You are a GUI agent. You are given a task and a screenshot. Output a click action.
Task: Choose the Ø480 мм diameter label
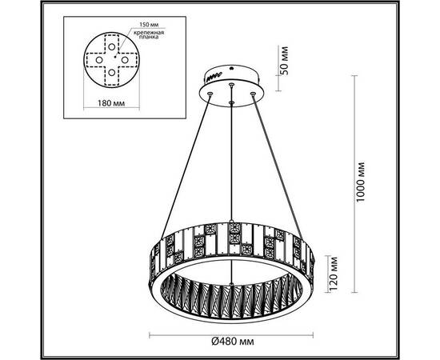tap(239, 341)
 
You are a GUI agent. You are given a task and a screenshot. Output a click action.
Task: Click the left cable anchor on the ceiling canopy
tap(210, 94)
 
